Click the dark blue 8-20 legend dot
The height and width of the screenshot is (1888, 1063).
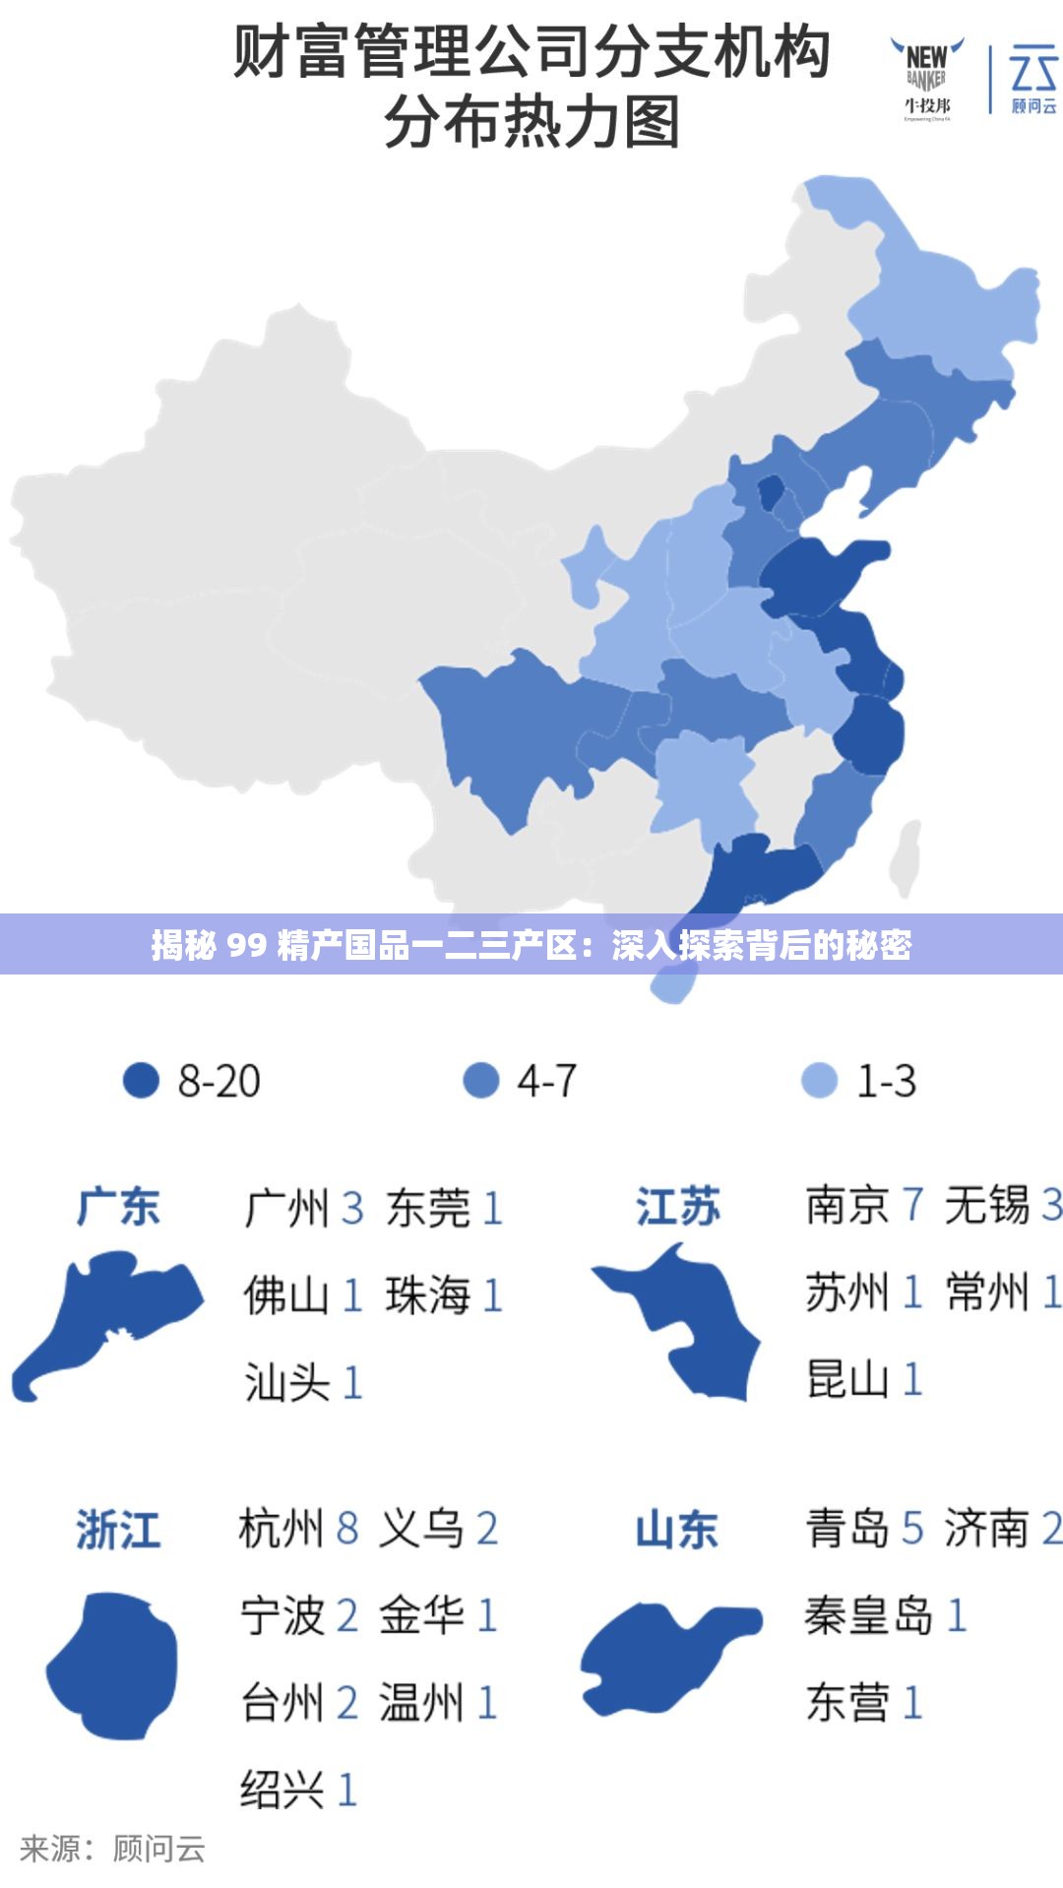141,1080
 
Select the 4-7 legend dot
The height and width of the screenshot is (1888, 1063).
480,1080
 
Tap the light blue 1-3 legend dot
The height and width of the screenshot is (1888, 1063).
819,1080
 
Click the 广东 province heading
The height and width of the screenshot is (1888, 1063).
118,1207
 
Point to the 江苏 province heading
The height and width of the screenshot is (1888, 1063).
677,1207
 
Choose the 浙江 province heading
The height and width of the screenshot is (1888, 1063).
118,1530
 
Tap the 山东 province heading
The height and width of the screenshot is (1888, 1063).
677,1530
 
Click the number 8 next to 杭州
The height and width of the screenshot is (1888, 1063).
347,1529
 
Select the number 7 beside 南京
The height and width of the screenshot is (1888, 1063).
912,1205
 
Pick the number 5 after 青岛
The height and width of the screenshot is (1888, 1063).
912,1529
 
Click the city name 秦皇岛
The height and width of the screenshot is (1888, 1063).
867,1615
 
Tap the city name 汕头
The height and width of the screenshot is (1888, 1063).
286,1382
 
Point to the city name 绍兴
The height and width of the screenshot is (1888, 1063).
281,1790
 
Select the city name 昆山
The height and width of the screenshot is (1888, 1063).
847,1379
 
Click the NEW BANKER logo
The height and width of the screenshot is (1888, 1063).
927,79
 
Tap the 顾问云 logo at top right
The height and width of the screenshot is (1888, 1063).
1032,79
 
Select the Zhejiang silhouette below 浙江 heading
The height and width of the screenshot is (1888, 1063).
113,1664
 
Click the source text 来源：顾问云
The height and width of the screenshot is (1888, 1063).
112,1849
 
